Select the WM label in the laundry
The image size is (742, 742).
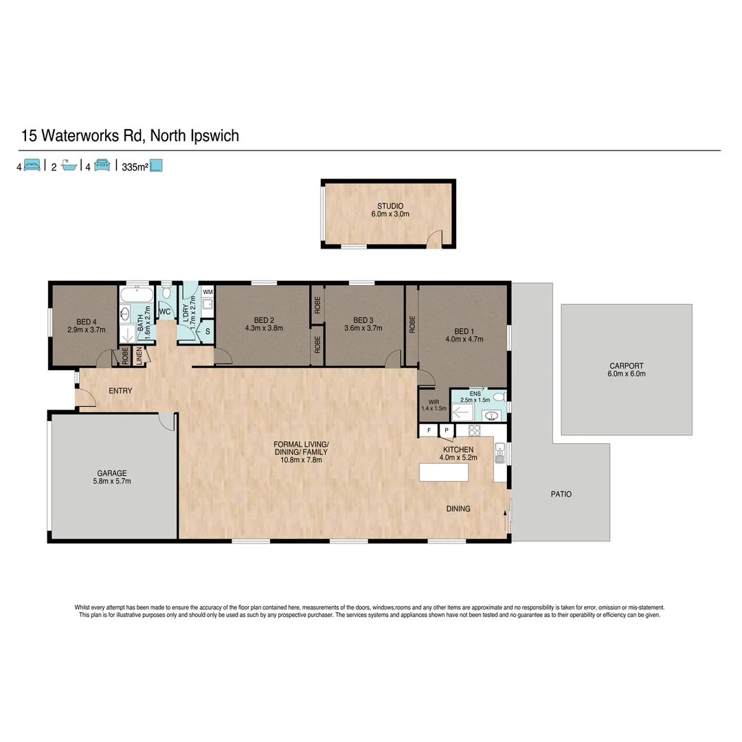[207, 292]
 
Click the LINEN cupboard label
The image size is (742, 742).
[139, 356]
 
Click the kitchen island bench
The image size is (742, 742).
[444, 473]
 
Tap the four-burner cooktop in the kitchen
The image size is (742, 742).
[473, 430]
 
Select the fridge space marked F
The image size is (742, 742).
[429, 431]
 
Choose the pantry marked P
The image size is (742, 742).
[446, 431]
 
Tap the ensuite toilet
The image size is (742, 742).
[499, 397]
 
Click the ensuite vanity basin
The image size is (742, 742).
[491, 415]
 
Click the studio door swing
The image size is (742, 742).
[434, 238]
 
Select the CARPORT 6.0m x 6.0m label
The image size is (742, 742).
[627, 370]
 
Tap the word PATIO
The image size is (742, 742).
[561, 494]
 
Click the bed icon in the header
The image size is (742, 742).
[32, 166]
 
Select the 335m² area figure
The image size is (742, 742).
[135, 166]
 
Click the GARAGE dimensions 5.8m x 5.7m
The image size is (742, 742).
[111, 482]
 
